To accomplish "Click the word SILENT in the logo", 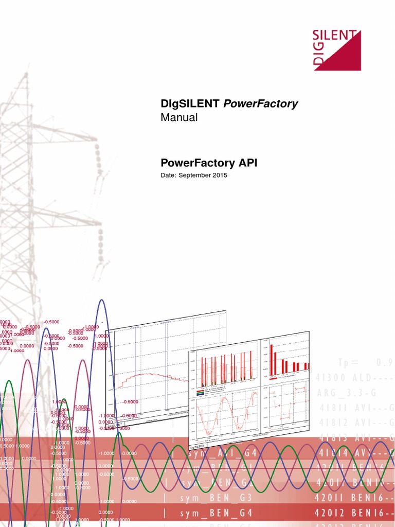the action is (335, 37).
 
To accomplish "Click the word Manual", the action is (179, 117).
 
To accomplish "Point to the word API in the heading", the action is (247, 163).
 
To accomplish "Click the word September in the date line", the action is (197, 175).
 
